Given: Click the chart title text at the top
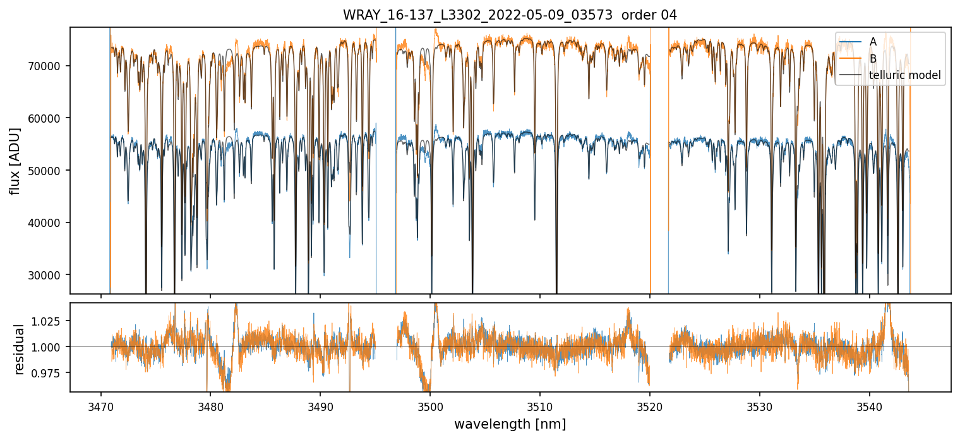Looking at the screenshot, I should pos(510,15).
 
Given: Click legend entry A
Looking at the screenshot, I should pos(873,42).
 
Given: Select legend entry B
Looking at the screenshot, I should pos(873,59).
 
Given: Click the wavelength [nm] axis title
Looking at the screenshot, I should pos(510,424).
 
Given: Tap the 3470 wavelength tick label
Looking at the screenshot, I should pos(100,405).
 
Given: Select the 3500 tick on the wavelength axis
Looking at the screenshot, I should pos(430,405).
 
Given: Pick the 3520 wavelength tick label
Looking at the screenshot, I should pos(650,405).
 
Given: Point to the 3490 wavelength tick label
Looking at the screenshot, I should pos(320,405).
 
